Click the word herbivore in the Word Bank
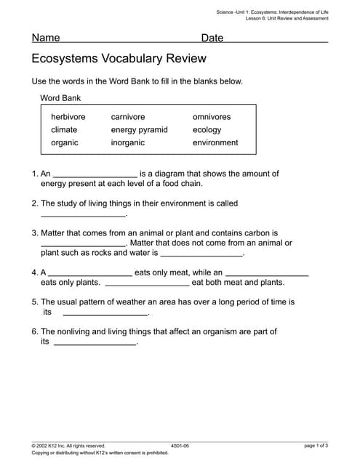[68, 117]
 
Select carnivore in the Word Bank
[128, 117]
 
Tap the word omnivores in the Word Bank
[212, 117]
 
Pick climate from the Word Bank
[64, 130]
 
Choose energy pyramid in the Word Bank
[139, 130]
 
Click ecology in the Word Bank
[207, 130]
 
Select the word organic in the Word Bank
[65, 143]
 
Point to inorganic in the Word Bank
[128, 143]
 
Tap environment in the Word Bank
[215, 143]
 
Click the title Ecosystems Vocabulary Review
[119, 58]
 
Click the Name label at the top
[46, 38]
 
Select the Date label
[212, 38]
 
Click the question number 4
[34, 272]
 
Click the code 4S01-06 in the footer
[180, 445]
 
